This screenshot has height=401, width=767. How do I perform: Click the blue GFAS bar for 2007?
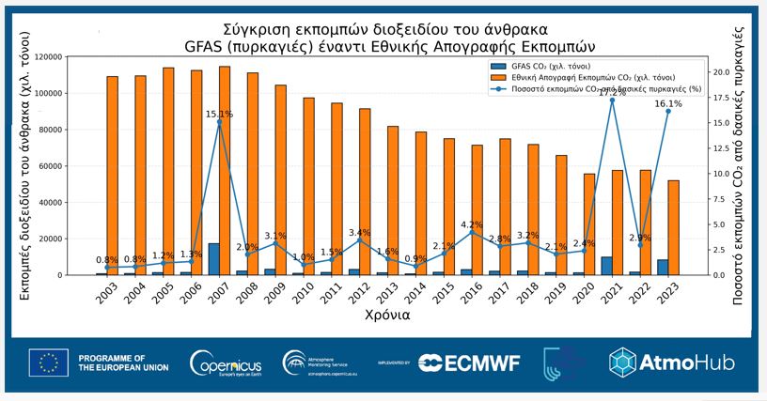214,259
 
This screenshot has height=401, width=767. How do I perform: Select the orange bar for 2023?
674,227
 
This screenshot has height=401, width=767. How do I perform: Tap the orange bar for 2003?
113,176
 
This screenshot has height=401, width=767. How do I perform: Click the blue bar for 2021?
607,266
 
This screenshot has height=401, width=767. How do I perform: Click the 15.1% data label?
219,115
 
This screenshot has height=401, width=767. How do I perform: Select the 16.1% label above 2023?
667,104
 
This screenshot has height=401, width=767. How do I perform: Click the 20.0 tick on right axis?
718,72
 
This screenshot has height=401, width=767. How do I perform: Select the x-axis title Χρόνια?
386,316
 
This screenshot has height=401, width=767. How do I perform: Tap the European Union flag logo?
48,362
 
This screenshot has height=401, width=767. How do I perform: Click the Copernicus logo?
221,362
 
